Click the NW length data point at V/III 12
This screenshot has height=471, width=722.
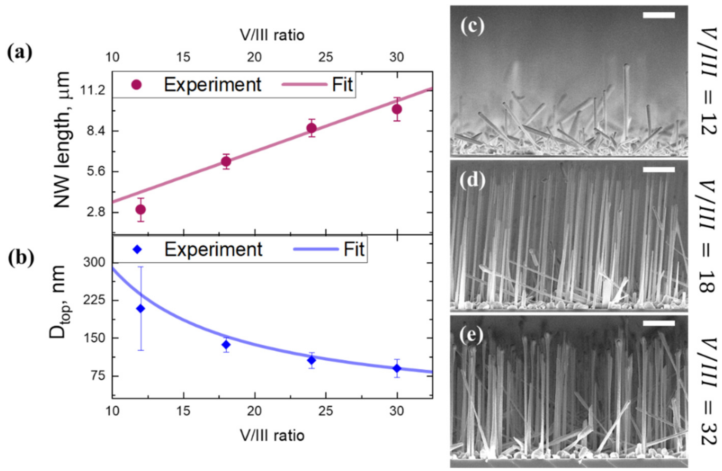point(141,209)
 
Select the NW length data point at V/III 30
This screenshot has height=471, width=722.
point(397,109)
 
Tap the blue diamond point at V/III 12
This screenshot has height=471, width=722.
point(140,309)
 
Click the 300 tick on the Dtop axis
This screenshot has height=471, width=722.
point(94,263)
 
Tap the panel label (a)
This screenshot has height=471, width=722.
point(20,54)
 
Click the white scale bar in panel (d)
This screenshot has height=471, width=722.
point(659,170)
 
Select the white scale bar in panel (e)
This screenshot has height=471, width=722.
point(659,324)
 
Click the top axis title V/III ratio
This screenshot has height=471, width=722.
point(272,35)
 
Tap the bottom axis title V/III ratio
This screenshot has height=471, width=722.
point(272,436)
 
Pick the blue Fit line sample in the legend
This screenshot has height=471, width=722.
point(315,249)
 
